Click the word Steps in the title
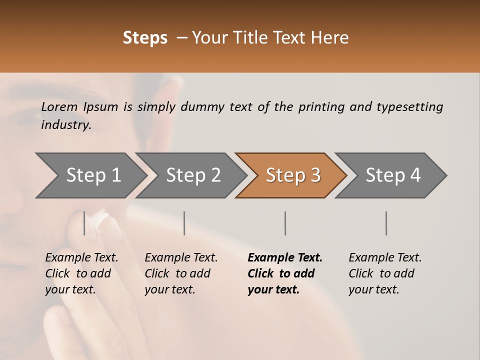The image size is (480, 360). tap(145, 38)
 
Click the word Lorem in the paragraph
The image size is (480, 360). tap(59, 106)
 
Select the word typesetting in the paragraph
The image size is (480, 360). tap(409, 106)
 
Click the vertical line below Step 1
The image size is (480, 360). tap(84, 223)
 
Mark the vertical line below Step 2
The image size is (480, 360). tap(184, 223)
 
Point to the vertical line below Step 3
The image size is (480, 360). tap(285, 223)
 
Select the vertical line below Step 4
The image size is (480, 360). tap(386, 223)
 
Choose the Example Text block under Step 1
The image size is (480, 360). tap(81, 273)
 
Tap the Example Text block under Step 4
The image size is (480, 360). tap(385, 273)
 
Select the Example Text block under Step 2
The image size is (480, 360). tap(181, 273)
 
